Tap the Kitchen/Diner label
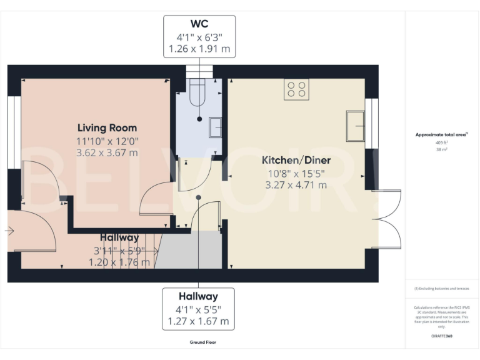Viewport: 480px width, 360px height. point(296,161)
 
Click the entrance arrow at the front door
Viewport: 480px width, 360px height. point(9,231)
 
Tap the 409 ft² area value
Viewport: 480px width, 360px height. point(441,142)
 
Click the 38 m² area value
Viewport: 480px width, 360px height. point(441,150)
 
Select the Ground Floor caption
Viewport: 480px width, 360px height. point(203,342)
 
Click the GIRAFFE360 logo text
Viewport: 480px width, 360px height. point(441,336)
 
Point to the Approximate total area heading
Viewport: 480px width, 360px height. point(441,134)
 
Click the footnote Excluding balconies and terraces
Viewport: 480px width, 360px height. point(441,289)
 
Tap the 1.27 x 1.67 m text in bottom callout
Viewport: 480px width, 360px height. point(198,322)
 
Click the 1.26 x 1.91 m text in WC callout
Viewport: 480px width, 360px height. point(199,48)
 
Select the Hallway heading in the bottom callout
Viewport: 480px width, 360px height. point(198,297)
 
